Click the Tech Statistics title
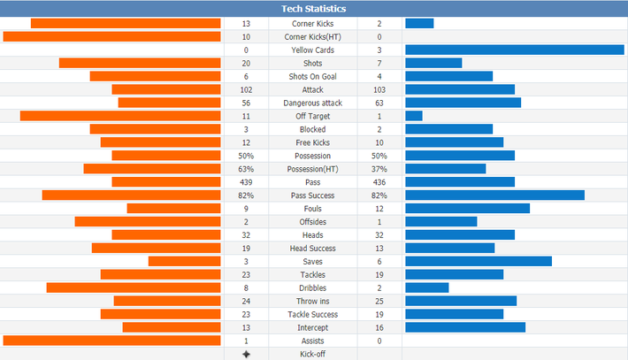[x=314, y=9]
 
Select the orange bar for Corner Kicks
[x=126, y=23]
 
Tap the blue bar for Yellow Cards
[x=515, y=50]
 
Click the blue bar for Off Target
[x=414, y=116]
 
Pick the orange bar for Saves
[x=184, y=261]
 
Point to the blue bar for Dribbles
[x=427, y=287]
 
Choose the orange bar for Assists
[x=111, y=341]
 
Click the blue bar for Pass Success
[x=495, y=195]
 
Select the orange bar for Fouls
[x=174, y=208]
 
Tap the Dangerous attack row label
[x=313, y=103]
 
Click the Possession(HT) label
[x=313, y=169]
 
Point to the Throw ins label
[x=313, y=301]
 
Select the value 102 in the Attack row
[x=246, y=89]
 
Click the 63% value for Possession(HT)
[x=246, y=169]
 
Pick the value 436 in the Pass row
[x=379, y=182]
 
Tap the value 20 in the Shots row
[x=246, y=64]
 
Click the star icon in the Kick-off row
[x=246, y=354]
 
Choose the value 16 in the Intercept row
[x=379, y=327]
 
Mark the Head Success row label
[x=313, y=249]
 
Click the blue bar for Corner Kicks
[x=419, y=23]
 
